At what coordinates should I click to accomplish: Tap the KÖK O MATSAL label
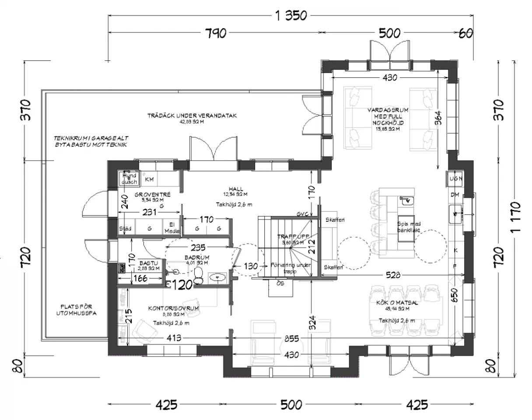[x=397, y=302]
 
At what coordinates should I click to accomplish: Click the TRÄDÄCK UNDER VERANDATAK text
[x=192, y=116]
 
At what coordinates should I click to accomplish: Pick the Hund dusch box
[x=129, y=178]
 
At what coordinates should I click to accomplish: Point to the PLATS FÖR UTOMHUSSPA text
[x=76, y=310]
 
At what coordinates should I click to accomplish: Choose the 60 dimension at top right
[x=465, y=33]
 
